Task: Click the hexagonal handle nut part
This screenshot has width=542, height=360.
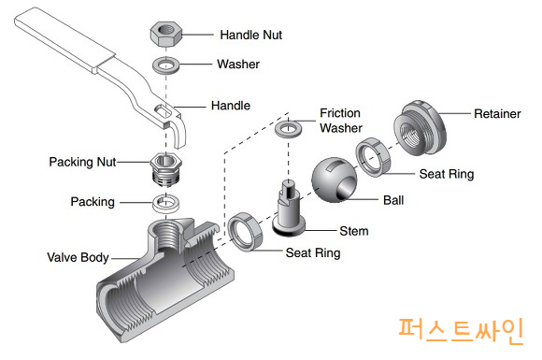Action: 166,34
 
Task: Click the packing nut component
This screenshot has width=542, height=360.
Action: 166,169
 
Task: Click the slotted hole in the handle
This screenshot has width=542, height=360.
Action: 164,110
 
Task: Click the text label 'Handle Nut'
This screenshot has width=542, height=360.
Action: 251,35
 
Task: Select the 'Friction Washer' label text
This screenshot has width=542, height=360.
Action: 341,121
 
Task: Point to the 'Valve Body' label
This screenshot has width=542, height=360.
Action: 78,257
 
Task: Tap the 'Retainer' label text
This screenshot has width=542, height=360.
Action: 497,113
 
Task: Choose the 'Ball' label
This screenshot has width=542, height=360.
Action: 393,200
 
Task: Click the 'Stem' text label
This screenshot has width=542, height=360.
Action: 354,231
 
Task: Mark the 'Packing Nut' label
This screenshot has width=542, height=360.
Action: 82,162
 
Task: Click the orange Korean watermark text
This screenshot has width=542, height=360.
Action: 461,331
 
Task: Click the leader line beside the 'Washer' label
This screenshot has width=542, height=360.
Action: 195,64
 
